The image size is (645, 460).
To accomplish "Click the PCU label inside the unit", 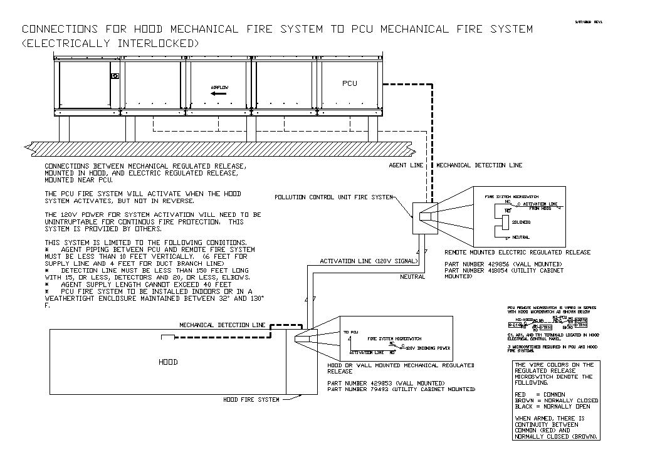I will coord(349,83).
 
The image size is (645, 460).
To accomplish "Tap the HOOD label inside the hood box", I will coord(168,362).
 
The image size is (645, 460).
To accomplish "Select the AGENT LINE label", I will coord(406,165).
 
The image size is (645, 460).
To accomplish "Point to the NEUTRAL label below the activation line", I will coord(412,276).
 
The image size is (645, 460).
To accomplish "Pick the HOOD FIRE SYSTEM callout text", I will coord(251,399).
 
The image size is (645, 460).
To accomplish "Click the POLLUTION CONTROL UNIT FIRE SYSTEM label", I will coord(333,197).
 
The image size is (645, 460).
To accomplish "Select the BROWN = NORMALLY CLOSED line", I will coord(552,400).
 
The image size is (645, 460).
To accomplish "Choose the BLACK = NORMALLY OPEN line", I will coord(552,406).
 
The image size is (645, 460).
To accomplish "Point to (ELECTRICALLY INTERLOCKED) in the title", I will coord(110,43).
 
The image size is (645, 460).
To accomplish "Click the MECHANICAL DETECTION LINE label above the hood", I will coord(223,325).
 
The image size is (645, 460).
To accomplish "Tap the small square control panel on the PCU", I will coord(115,76).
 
